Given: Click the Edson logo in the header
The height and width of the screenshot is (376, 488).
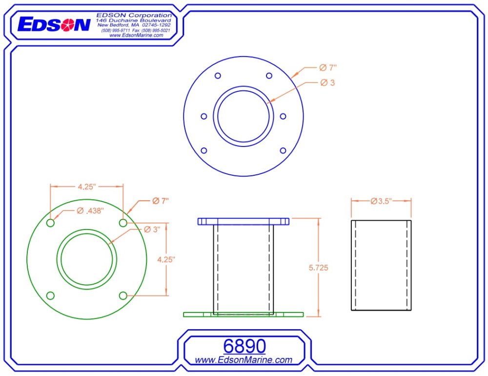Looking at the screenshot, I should [x=54, y=25].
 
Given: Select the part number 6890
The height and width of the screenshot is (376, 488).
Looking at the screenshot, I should [x=244, y=346].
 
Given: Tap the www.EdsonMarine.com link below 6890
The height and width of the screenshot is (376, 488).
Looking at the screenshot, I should [x=244, y=360].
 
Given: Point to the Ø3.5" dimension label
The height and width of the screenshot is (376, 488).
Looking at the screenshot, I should [x=381, y=201].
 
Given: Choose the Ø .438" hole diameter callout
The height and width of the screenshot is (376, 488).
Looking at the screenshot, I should [x=91, y=210].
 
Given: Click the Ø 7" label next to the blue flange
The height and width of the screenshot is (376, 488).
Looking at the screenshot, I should [x=329, y=68].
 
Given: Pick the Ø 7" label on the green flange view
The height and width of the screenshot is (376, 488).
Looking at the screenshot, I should [x=160, y=201].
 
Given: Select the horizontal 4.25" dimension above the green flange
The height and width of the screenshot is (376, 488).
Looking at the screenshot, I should [x=86, y=186].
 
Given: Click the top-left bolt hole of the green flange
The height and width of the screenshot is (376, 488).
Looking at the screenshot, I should [x=50, y=223].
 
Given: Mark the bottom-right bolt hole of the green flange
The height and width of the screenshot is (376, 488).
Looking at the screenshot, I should [x=123, y=295].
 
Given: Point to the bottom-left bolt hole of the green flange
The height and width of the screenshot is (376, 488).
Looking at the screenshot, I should [x=50, y=295].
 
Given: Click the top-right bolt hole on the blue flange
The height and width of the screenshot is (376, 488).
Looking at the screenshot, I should [x=269, y=76].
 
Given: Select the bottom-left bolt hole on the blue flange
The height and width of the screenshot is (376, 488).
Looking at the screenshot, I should [x=204, y=150].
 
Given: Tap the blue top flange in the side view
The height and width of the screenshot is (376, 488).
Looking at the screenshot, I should [x=243, y=221].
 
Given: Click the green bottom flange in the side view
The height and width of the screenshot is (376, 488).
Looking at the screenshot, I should [x=243, y=314].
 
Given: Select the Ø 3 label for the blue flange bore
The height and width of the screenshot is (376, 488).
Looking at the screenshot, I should [x=327, y=83].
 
